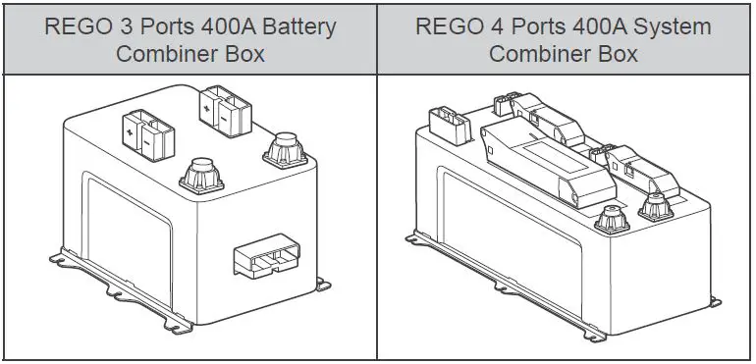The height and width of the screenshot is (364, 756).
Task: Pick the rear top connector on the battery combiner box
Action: (x=220, y=106)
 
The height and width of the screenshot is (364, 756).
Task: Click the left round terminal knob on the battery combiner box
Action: (x=202, y=177)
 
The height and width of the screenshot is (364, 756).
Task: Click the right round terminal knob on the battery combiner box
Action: (x=284, y=149)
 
